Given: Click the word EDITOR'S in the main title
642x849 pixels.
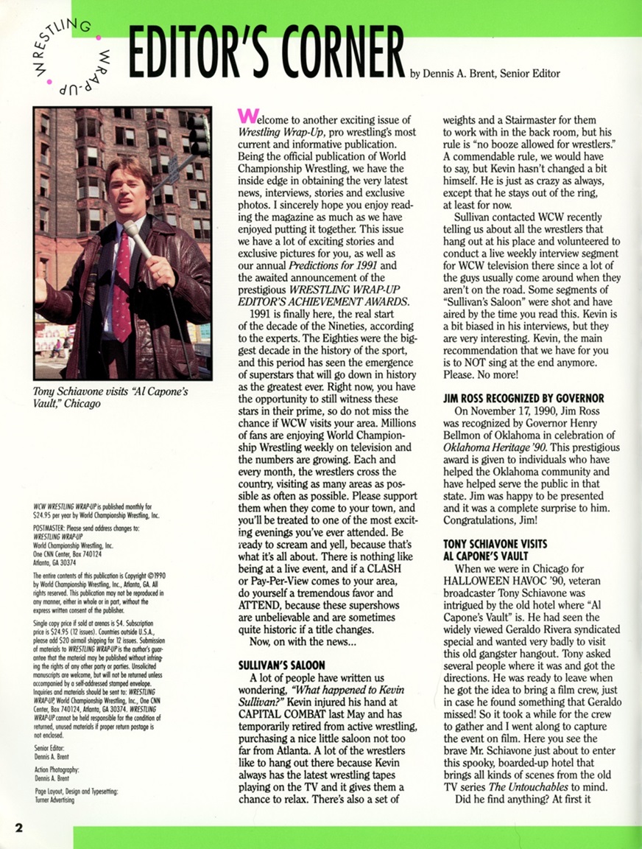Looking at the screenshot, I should pyautogui.click(x=194, y=57).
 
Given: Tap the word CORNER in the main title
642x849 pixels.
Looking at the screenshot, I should pyautogui.click(x=338, y=57).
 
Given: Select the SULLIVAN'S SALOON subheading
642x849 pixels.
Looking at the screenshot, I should pyautogui.click(x=282, y=665).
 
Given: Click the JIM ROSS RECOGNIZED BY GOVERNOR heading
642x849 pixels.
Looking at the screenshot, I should pyautogui.click(x=523, y=399).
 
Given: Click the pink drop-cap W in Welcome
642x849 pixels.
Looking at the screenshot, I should pyautogui.click(x=246, y=118).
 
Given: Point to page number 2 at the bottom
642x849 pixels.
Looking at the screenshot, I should pyautogui.click(x=18, y=826).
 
